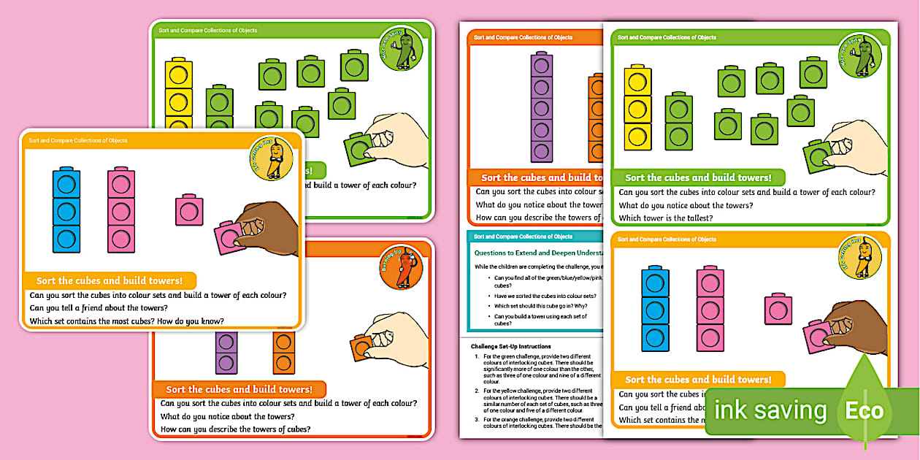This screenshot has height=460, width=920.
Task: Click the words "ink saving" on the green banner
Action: pos(770,410)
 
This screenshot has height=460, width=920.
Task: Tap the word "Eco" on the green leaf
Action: pos(864,410)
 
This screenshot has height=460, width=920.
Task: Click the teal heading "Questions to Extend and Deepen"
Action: pos(537,253)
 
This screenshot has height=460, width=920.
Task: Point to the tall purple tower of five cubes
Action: pos(540,107)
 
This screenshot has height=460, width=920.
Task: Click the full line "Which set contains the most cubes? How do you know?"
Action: pos(126,321)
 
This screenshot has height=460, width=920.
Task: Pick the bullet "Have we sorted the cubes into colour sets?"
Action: pos(545,296)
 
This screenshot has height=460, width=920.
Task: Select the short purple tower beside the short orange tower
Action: pos(226,352)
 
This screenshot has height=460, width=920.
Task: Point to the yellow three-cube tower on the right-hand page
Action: pos(637,108)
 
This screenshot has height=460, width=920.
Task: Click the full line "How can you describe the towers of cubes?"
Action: pos(235,429)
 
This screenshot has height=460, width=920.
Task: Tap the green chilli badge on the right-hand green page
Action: pos(859,55)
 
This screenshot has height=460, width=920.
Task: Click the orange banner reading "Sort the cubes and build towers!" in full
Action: pos(239,389)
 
